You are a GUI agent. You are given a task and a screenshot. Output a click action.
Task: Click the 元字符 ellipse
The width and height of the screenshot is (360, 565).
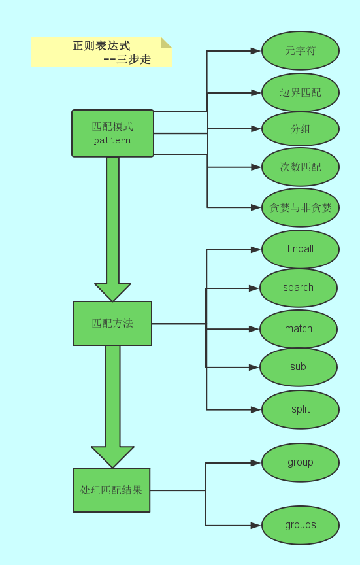pyautogui.click(x=301, y=50)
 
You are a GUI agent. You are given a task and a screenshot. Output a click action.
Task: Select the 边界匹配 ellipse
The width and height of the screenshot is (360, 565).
pyautogui.click(x=301, y=92)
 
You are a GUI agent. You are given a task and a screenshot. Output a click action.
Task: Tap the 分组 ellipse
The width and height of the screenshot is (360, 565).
pyautogui.click(x=301, y=129)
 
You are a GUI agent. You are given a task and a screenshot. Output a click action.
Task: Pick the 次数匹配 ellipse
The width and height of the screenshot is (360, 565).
pyautogui.click(x=301, y=167)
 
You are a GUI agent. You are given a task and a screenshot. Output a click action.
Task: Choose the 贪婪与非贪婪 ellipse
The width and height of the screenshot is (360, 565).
pyautogui.click(x=301, y=207)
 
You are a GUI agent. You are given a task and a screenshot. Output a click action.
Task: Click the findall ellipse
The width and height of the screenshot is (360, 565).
pyautogui.click(x=301, y=249)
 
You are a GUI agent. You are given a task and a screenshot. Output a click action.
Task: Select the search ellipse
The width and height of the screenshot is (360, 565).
pyautogui.click(x=299, y=288)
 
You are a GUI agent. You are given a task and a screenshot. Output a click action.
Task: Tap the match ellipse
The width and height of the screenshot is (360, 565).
pyautogui.click(x=299, y=329)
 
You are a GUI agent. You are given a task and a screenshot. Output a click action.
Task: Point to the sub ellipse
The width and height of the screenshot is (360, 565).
pyautogui.click(x=299, y=367)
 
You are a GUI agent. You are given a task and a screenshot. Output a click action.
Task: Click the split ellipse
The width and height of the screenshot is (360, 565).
pyautogui.click(x=301, y=409)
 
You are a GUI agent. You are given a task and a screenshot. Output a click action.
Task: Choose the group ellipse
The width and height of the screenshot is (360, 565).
pyautogui.click(x=301, y=462)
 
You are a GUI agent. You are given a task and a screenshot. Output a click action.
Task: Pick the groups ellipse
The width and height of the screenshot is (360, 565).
pyautogui.click(x=301, y=525)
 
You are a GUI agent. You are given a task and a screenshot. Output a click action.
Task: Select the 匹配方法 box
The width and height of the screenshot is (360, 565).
pyautogui.click(x=112, y=323)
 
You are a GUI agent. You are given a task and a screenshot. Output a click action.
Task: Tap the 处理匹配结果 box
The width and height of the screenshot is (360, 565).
pyautogui.click(x=112, y=490)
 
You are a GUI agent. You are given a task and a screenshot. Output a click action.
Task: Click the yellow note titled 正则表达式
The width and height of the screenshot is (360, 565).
pyautogui.click(x=101, y=52)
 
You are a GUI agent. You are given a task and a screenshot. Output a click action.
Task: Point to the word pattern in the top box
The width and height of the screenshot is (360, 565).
pyautogui.click(x=112, y=141)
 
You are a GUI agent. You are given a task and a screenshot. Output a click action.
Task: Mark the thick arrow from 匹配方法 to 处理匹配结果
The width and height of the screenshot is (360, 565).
pyautogui.click(x=112, y=405)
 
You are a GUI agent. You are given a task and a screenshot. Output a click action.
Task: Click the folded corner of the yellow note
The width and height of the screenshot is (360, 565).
pyautogui.click(x=167, y=42)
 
